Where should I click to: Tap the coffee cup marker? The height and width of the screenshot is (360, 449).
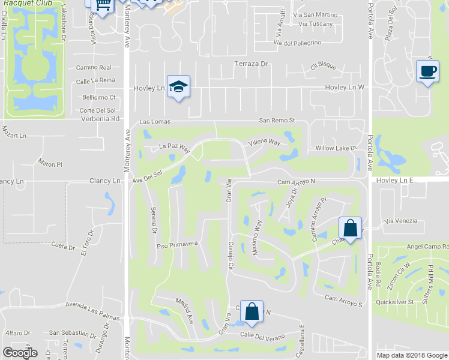click(x=427, y=70)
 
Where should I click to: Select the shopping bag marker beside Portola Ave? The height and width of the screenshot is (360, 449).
click(x=350, y=228)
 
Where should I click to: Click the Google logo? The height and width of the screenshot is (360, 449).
click(x=20, y=353)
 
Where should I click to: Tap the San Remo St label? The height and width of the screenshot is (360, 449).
click(x=277, y=120)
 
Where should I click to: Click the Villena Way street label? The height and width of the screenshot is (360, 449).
click(x=264, y=143)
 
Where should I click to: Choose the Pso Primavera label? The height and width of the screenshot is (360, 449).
click(x=177, y=245)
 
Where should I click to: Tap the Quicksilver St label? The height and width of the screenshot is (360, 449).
click(x=394, y=302)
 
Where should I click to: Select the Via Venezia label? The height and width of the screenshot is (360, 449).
click(x=401, y=221)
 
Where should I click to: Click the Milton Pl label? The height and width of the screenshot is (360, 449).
click(x=50, y=164)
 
